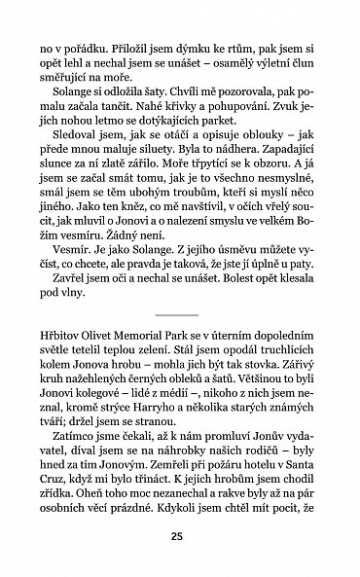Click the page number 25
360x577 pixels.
tap(180, 535)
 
